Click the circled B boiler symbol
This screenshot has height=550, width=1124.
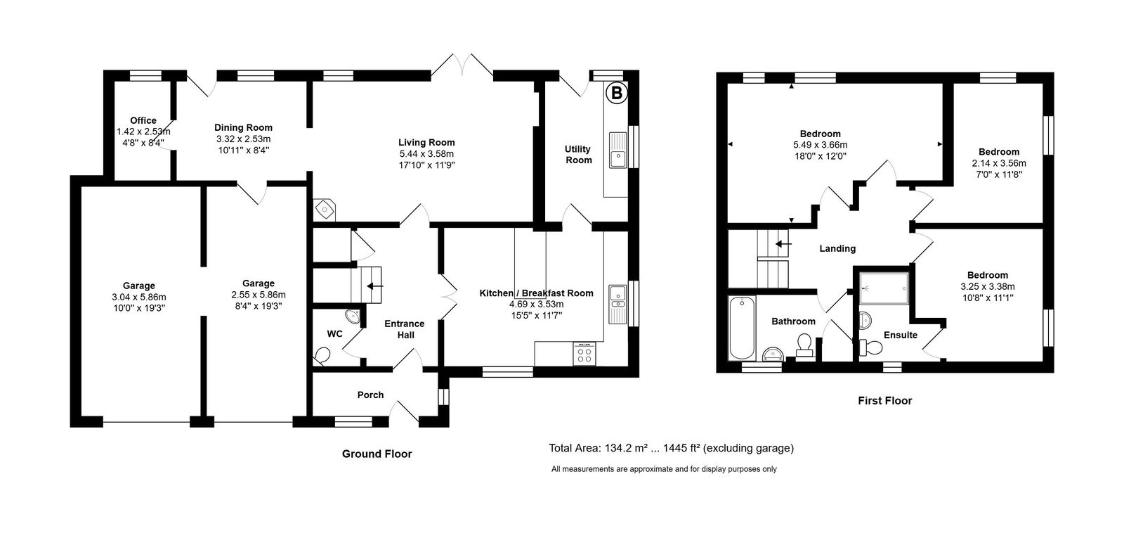[616, 92]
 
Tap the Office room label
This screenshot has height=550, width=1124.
[143, 120]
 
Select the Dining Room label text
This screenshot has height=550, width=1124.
[243, 127]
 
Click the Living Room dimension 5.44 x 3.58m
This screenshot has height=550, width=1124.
[426, 153]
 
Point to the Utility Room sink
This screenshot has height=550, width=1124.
[618, 150]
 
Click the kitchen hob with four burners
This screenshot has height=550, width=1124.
[584, 353]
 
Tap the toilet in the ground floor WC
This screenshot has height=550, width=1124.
[322, 355]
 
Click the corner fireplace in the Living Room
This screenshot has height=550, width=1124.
[325, 208]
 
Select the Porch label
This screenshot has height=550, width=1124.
[370, 395]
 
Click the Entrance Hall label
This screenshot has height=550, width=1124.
[404, 329]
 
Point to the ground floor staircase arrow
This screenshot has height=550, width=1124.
[375, 286]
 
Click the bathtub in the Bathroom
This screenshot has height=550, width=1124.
[741, 327]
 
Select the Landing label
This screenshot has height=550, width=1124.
[837, 248]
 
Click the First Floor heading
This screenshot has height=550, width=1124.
[884, 401]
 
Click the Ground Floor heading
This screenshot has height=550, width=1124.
[377, 454]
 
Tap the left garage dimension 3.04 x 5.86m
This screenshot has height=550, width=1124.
[138, 297]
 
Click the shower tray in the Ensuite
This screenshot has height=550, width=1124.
[883, 288]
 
